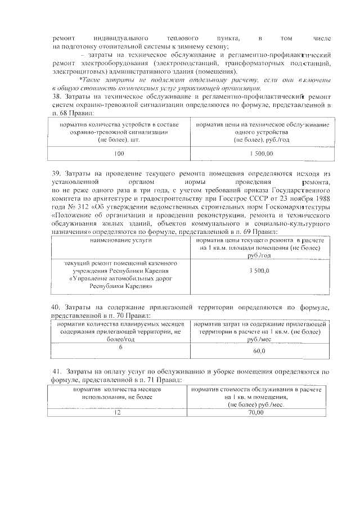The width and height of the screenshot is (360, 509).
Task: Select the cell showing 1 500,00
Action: (262, 153)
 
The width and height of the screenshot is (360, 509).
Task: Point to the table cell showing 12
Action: (118, 412)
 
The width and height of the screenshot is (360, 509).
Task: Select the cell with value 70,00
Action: (255, 412)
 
